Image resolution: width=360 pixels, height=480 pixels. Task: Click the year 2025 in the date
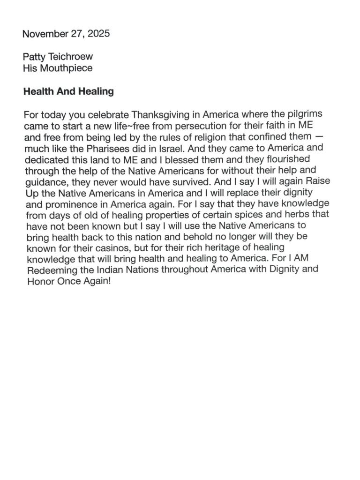pyautogui.click(x=99, y=34)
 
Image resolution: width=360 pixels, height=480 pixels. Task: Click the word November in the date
pyautogui.click(x=43, y=34)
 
